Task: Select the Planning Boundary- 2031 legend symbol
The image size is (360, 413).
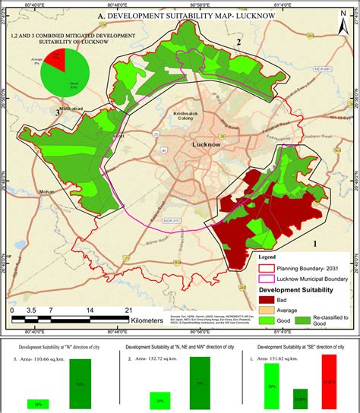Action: coord(264,268)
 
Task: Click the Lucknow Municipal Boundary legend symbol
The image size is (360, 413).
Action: coord(264,278)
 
